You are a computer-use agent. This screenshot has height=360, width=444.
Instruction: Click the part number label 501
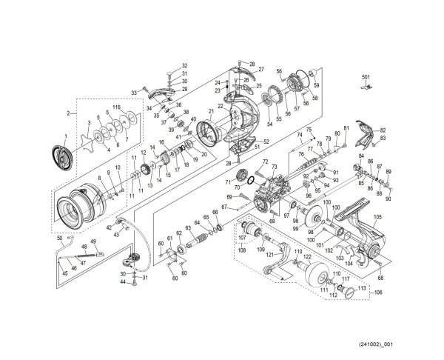click(x=365, y=76)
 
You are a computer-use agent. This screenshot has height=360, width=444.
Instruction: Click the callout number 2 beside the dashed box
click(x=68, y=113)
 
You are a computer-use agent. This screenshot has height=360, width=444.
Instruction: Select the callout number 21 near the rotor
click(x=211, y=112)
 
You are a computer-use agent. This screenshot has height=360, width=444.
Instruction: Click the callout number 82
click(x=383, y=130)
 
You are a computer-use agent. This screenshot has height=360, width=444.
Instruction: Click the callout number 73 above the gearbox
click(x=274, y=168)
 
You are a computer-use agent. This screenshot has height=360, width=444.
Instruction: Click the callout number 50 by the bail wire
click(x=59, y=239)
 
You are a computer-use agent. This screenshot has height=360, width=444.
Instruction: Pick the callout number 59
click(x=315, y=73)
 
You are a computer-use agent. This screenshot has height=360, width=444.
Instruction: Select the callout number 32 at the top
click(x=164, y=66)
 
